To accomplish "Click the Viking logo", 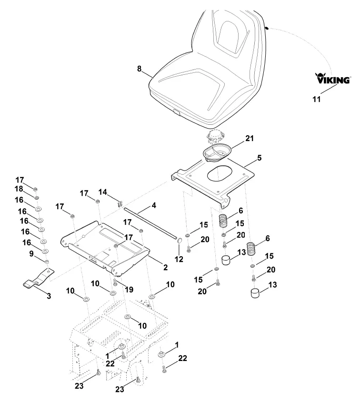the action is point(333,78).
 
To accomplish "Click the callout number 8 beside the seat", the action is point(139,69).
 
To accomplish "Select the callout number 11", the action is point(317,99).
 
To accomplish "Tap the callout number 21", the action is point(250,139).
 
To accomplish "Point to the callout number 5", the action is point(259,158).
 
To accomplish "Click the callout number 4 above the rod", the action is point(154,205).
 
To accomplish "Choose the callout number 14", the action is point(103,192).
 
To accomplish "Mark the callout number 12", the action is point(179,259).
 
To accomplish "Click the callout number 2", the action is point(165,267).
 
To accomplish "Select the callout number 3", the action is point(49,296).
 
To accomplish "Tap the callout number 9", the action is point(31,254).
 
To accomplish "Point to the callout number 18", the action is point(19,189).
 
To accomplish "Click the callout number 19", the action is point(129,289).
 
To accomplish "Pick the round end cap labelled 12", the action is point(179,241).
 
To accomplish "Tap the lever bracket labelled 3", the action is point(39,278).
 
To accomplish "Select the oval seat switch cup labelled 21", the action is point(217,153).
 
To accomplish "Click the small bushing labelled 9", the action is point(47,261).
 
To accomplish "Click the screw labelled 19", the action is point(115,282).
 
